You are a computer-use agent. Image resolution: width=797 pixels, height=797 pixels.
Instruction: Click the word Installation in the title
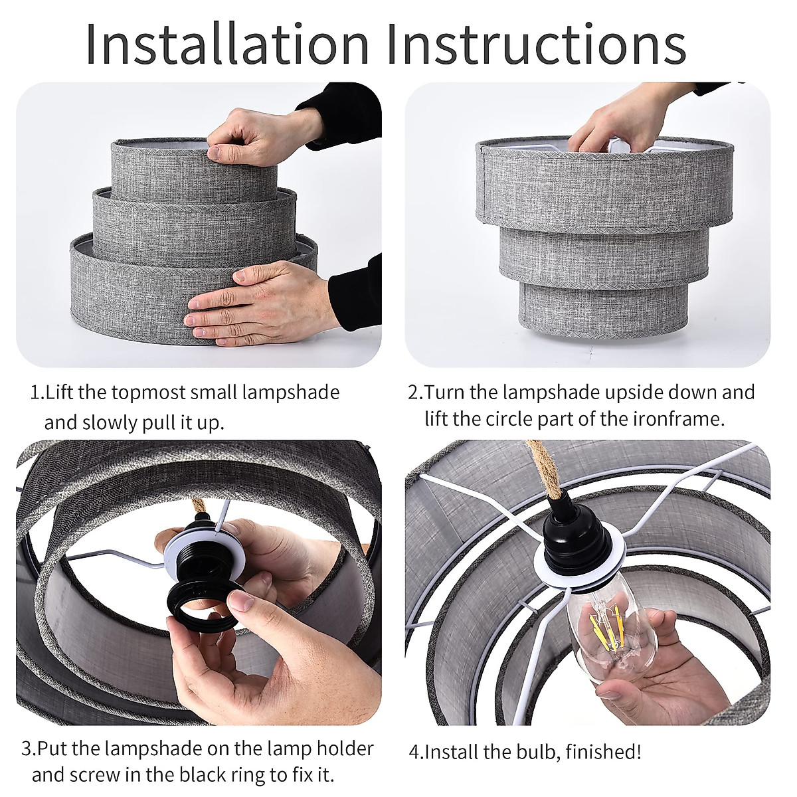[x=227, y=43]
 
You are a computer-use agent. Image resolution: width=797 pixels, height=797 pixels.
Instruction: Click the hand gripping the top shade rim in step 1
[x=256, y=134]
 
